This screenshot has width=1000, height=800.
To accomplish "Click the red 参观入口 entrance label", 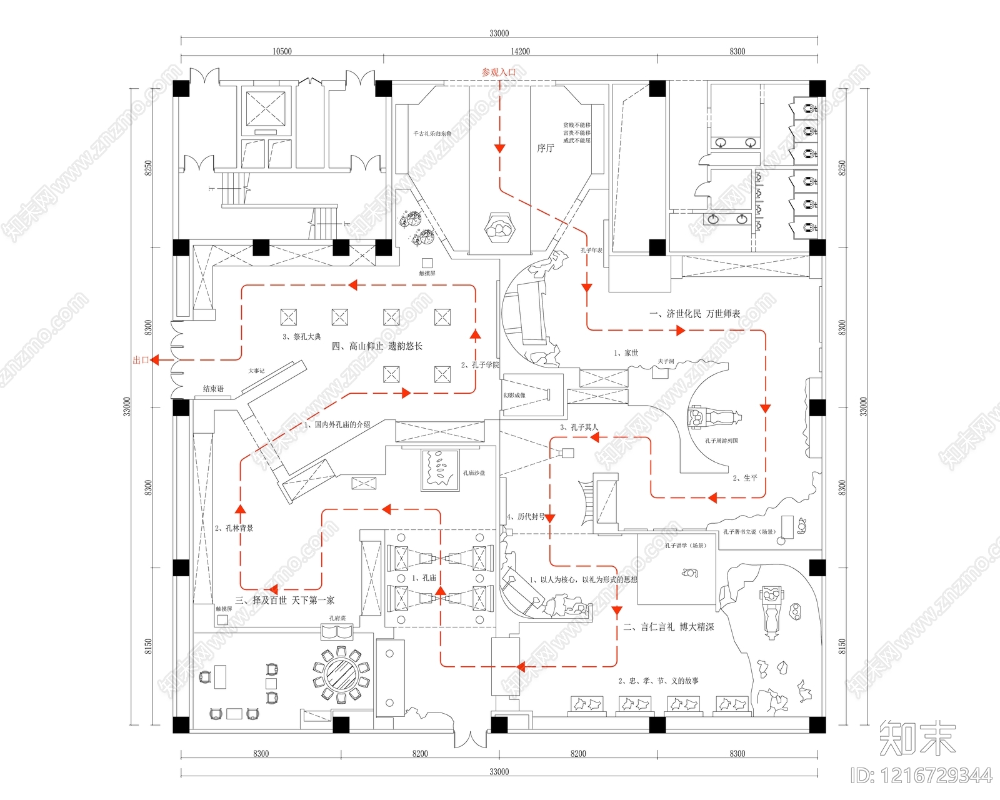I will point(499,72).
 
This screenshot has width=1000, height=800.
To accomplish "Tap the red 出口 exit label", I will point(141,360).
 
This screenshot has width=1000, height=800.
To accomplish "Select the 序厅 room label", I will point(545,148).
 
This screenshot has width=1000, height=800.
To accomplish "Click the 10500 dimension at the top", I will point(282,51).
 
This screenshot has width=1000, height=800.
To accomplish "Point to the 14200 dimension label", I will point(520,51).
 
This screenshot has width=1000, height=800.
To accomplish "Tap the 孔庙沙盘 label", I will point(474,473).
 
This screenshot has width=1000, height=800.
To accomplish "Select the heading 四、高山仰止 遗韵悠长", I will point(377,346).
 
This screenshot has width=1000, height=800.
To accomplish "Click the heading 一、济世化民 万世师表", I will point(694,314).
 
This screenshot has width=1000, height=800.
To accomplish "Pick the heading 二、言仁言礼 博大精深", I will point(668,627).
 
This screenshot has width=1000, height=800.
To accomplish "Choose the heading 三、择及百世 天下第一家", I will point(284,601).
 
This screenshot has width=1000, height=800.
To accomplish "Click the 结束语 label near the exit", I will point(213,389).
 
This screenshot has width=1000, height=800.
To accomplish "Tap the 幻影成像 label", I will point(514,395).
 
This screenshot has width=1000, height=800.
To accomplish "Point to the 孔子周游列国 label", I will point(721,441).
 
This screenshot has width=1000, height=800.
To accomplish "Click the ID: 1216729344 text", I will point(921,776).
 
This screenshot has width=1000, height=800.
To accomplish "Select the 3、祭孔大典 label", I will point(301,337).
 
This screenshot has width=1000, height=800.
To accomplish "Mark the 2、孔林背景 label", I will point(234,528).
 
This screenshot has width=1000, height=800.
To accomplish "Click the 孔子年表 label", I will point(591,251).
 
